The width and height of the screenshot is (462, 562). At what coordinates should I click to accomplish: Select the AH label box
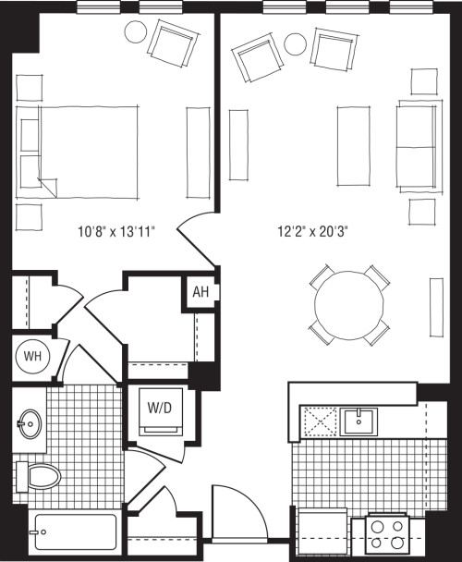pyautogui.click(x=201, y=293)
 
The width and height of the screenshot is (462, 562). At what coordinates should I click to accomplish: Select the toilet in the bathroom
pyautogui.click(x=38, y=477)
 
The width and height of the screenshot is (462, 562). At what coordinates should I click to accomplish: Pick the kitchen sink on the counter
pyautogui.click(x=359, y=421)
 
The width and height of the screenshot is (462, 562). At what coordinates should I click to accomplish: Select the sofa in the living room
pyautogui.click(x=417, y=145)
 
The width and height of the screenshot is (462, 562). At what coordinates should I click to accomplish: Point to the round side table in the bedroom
pyautogui.click(x=136, y=32)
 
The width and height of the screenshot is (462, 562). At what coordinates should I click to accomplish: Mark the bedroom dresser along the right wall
pyautogui.click(x=199, y=152)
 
